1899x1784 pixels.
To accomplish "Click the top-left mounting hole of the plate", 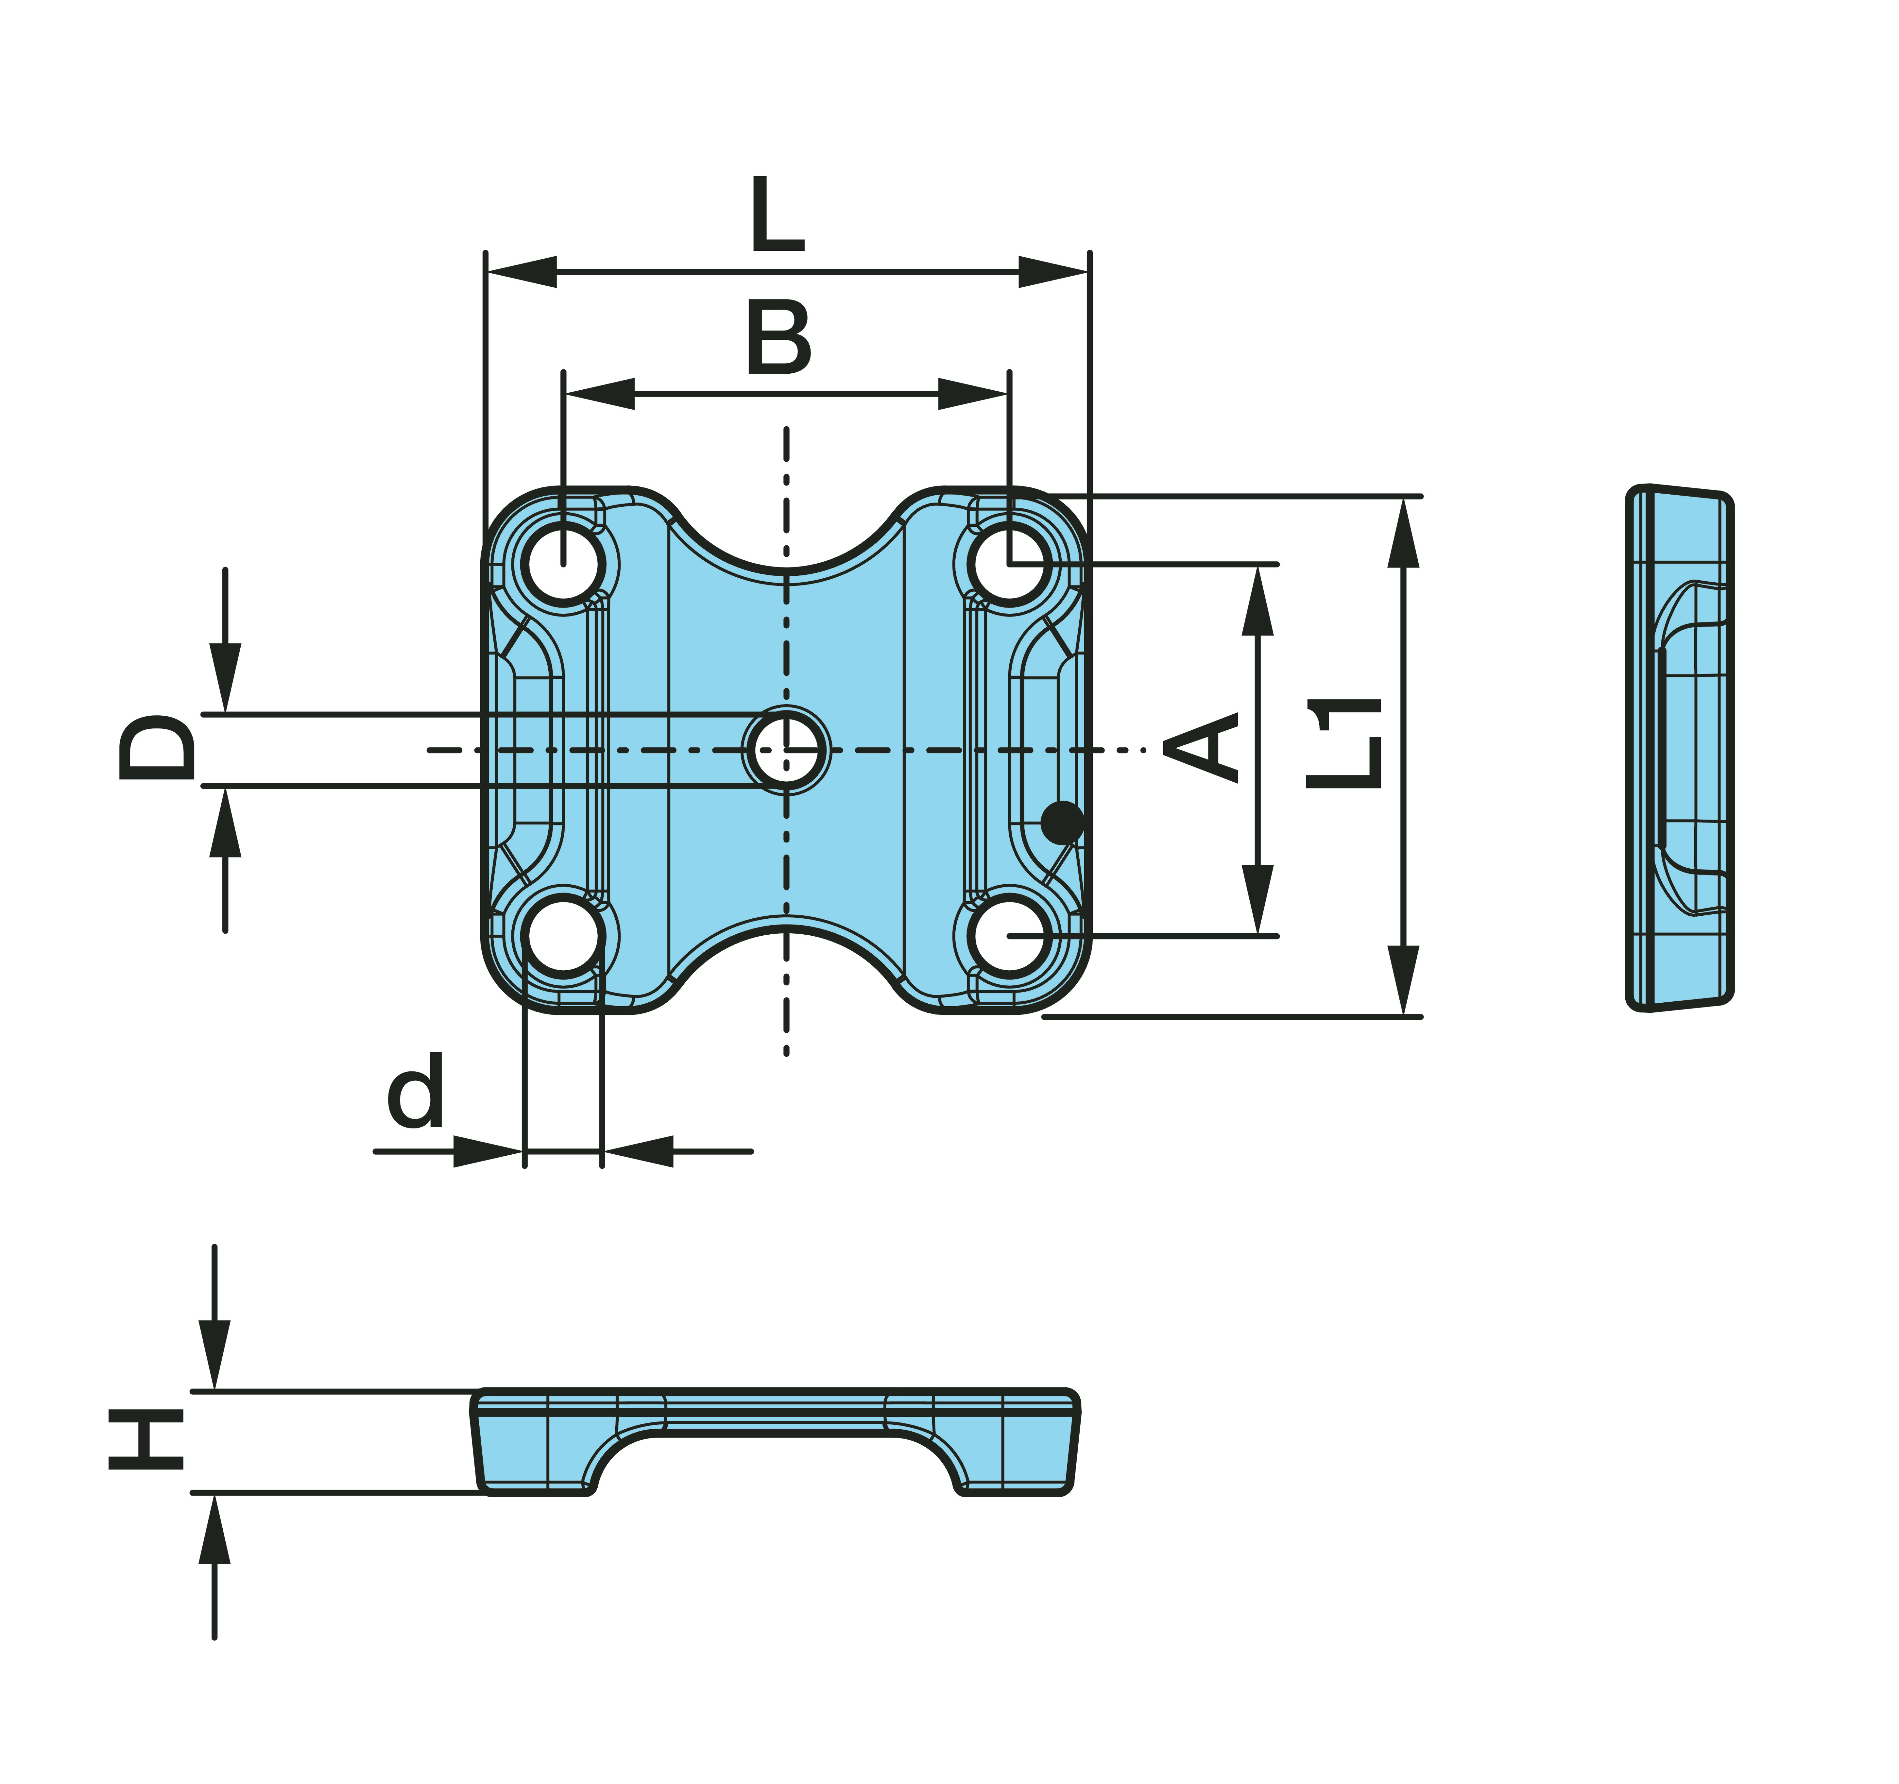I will [563, 564].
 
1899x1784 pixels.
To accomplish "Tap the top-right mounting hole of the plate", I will [1010, 564].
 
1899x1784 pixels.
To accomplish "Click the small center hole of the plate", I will [786, 750].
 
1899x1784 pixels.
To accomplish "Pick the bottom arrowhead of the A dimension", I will [1257, 898].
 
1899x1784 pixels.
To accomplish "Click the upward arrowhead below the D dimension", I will [225, 824].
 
